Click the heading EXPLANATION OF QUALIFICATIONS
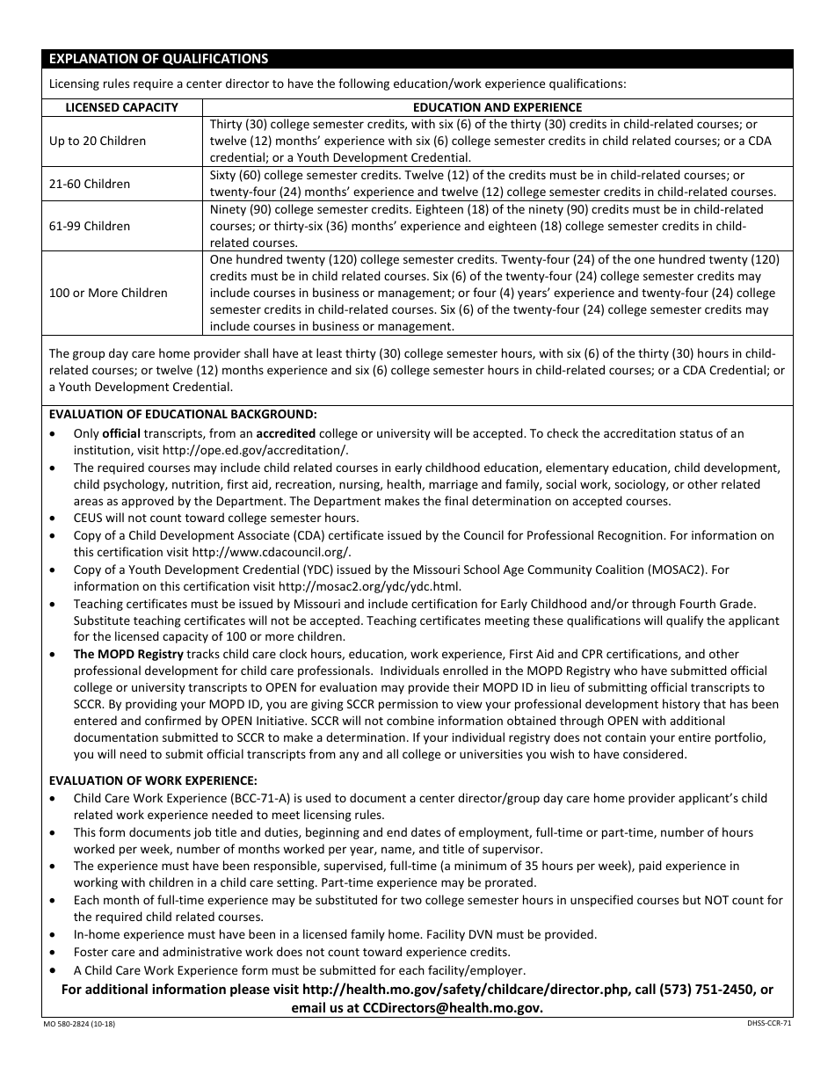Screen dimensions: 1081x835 click(158, 59)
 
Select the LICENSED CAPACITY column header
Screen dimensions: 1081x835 click(122, 107)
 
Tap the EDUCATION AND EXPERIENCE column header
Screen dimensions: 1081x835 click(497, 107)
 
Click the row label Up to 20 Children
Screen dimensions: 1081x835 click(98, 141)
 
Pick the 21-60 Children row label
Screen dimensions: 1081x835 click(90, 184)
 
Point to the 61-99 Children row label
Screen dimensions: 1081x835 click(90, 226)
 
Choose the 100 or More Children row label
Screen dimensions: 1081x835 click(108, 293)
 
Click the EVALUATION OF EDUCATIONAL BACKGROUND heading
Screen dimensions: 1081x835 click(183, 414)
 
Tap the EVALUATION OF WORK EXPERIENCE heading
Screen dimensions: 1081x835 click(153, 780)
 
